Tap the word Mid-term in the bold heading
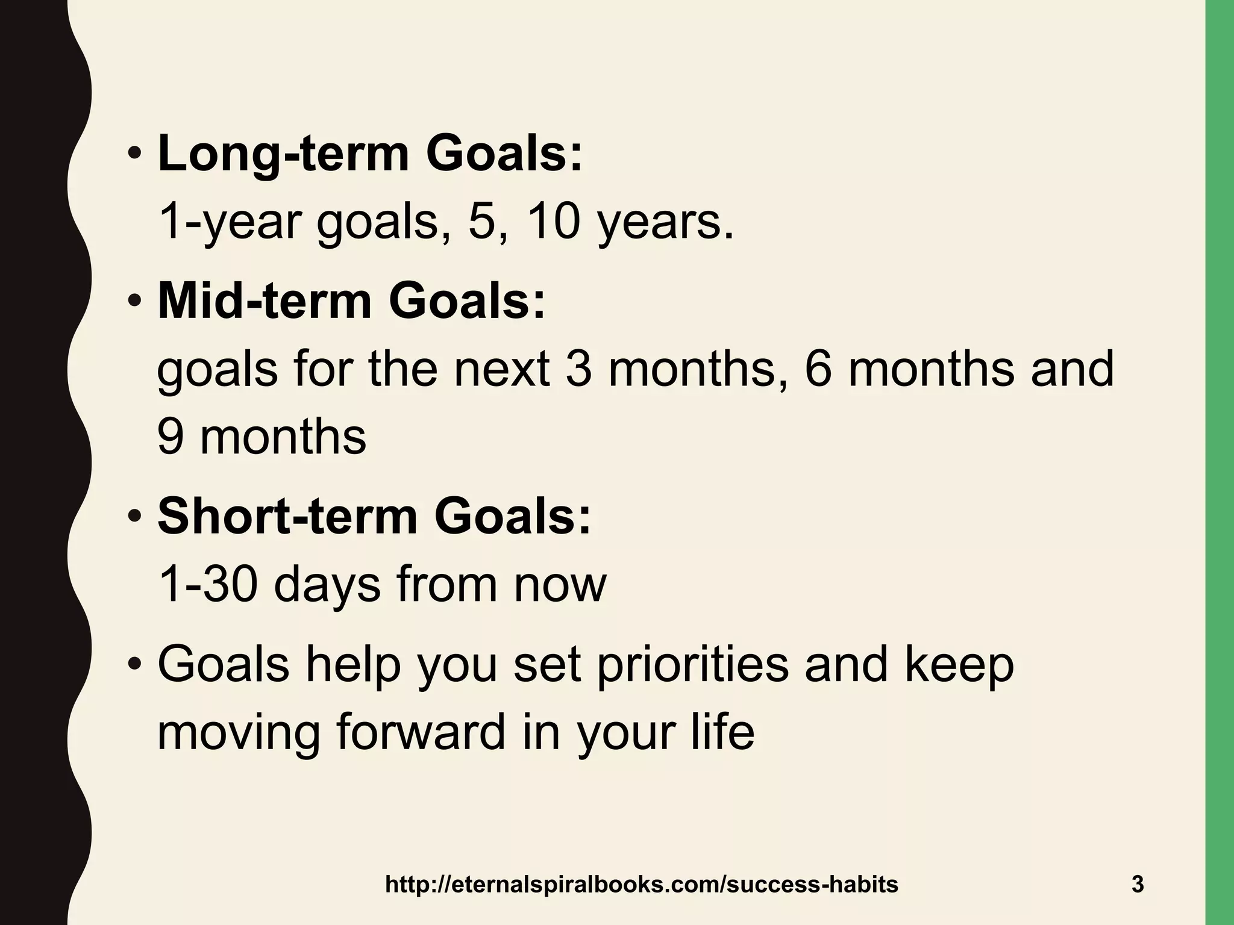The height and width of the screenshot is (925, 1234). pos(265,301)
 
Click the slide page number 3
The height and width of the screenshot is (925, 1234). pos(1138,885)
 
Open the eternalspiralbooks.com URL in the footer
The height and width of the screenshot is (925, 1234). pos(641,885)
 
